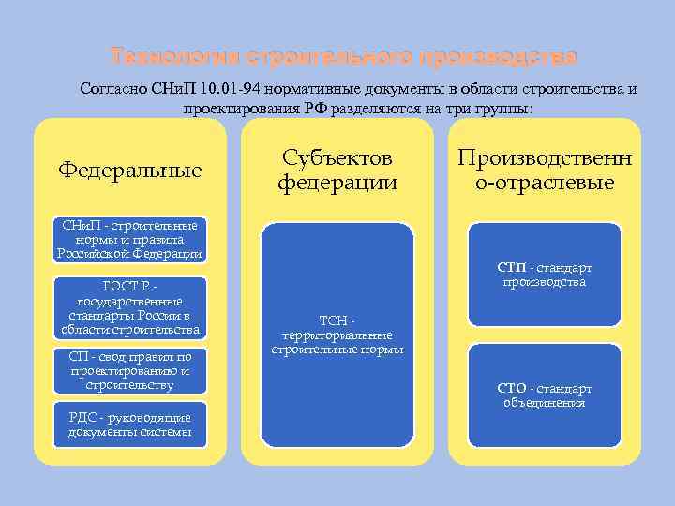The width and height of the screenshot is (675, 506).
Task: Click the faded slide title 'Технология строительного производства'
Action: pyautogui.click(x=342, y=57)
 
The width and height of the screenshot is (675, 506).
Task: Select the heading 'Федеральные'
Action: pyautogui.click(x=130, y=170)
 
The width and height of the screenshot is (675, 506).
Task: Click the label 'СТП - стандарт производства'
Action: pyautogui.click(x=544, y=275)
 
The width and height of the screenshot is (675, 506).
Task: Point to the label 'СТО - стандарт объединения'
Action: pyautogui.click(x=544, y=395)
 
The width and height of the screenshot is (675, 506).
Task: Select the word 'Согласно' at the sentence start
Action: pyautogui.click(x=117, y=89)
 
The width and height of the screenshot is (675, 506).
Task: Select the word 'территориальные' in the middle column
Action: pyautogui.click(x=337, y=335)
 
